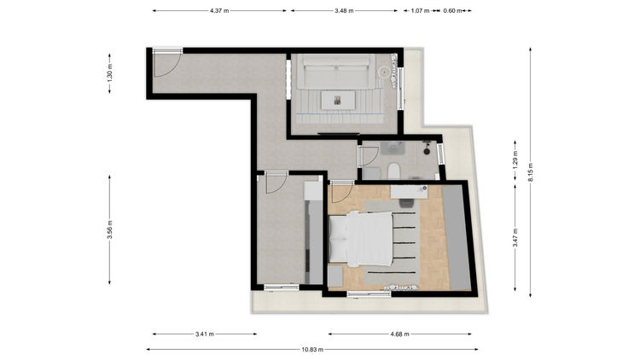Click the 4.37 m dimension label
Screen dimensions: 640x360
click(219, 11)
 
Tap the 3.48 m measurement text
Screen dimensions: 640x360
click(344, 11)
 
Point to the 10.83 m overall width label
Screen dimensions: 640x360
click(312, 350)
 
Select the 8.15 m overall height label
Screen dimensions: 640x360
click(530, 172)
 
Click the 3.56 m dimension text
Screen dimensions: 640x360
click(110, 229)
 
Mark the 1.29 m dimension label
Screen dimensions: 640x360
click(515, 160)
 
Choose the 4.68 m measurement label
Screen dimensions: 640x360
click(399, 334)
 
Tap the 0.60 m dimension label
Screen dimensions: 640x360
click(452, 11)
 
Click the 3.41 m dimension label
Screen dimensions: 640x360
click(205, 334)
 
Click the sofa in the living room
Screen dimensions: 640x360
click(336, 72)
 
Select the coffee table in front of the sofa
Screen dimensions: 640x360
click(338, 100)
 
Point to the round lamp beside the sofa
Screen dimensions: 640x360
click(384, 73)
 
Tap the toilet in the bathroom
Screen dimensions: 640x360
click(393, 171)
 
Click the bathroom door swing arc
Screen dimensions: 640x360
click(371, 155)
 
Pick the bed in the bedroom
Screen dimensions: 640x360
click(361, 239)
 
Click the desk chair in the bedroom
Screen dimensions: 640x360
click(405, 203)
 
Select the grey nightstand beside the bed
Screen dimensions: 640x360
click(335, 276)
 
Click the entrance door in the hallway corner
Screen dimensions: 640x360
click(167, 63)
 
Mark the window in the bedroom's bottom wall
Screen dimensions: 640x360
click(369, 293)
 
